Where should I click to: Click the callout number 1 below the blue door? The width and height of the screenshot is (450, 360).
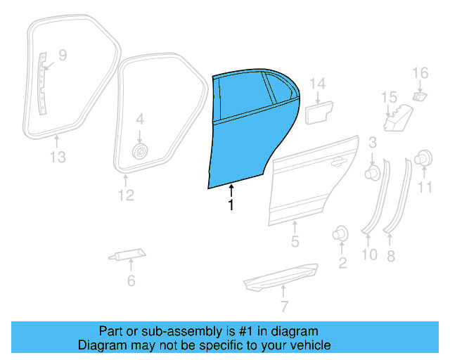pos(230,205)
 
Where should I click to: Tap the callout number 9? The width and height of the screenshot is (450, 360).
pos(62,54)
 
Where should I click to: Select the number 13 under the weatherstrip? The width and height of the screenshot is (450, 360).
pos(58,157)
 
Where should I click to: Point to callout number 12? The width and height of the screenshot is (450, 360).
pos(125,195)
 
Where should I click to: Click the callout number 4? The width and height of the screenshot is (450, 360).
pos(139,120)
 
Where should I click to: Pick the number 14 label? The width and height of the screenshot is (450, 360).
pos(318,84)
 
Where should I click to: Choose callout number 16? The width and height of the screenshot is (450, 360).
pos(420,72)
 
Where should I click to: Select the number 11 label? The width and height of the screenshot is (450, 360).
pos(425,187)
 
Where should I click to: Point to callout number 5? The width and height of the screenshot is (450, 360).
pos(295,243)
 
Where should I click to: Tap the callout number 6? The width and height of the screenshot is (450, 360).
pos(131,282)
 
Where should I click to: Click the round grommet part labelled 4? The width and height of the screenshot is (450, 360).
pos(140,151)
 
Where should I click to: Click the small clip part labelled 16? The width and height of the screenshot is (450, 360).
pos(419,95)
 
